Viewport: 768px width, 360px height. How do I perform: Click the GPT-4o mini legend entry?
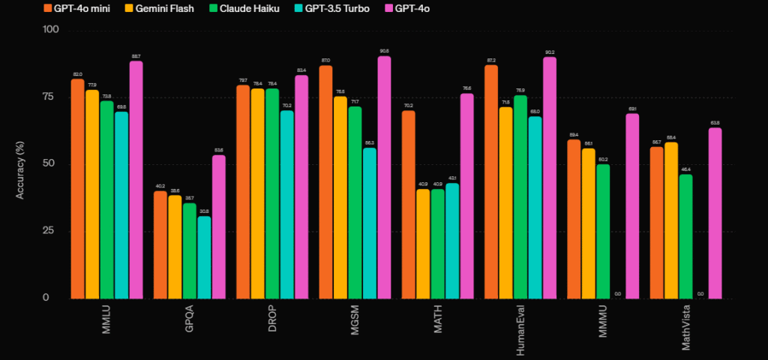click(83, 9)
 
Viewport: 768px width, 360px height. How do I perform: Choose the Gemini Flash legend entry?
click(165, 9)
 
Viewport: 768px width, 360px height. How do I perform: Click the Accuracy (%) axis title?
click(21, 164)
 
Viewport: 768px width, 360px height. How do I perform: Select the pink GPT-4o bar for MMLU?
click(136, 180)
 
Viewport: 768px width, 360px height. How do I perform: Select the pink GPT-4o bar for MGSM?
click(384, 177)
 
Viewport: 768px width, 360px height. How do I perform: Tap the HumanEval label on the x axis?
click(520, 323)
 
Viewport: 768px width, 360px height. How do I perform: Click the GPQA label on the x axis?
click(190, 315)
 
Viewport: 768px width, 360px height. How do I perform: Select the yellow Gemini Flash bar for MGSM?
click(340, 197)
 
